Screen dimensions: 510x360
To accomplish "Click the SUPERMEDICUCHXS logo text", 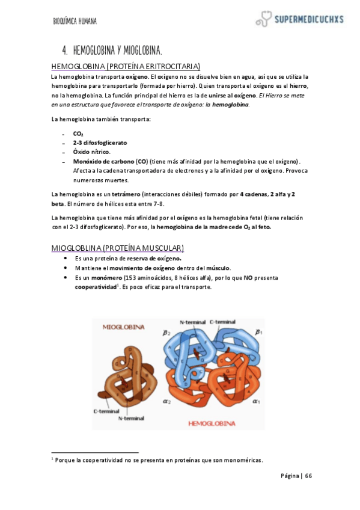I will point(308,19).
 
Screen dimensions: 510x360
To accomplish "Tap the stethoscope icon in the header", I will point(263,20).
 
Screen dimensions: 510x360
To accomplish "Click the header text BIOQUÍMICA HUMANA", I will point(75,22).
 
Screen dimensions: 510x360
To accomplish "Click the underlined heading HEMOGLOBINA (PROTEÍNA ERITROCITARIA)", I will point(126,66).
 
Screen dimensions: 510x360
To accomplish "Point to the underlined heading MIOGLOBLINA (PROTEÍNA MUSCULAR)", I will point(118,248).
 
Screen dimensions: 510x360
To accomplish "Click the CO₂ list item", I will point(78,134).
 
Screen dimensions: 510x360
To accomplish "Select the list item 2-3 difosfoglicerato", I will point(100,143).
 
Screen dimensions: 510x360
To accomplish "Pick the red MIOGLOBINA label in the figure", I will point(123,328).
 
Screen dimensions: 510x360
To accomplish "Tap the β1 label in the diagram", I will point(258,331).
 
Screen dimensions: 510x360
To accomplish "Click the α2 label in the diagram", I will point(169,401).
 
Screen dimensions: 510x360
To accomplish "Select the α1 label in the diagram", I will point(256,401).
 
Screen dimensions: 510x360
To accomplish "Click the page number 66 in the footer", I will point(308,476).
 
